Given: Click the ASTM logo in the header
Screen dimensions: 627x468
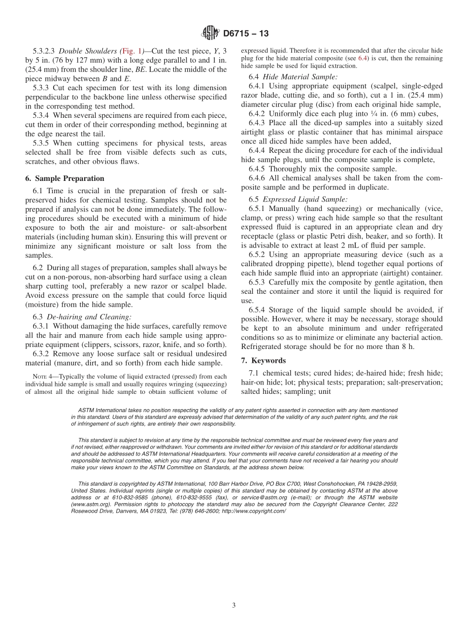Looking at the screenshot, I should (x=210, y=34).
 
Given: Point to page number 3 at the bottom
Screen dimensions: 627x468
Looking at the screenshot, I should (x=234, y=605).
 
